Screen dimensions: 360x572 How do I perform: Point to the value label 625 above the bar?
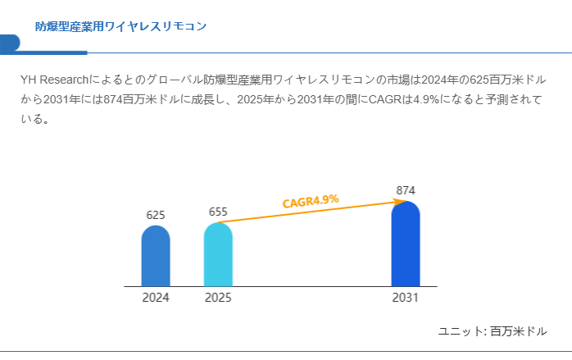[156, 215]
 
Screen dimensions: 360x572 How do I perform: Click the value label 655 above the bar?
[218, 212]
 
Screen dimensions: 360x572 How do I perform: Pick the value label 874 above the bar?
[406, 190]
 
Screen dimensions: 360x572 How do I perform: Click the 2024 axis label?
[156, 298]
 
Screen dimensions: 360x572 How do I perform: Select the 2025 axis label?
[218, 298]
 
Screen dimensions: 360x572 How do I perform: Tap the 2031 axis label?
[406, 298]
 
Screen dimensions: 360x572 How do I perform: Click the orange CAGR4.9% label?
[311, 201]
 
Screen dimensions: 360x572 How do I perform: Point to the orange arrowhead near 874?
[401, 201]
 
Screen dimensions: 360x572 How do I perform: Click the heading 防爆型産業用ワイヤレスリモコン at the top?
[120, 26]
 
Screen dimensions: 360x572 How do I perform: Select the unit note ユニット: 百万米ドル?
[493, 331]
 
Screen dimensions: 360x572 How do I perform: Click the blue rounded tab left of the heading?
[10, 43]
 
